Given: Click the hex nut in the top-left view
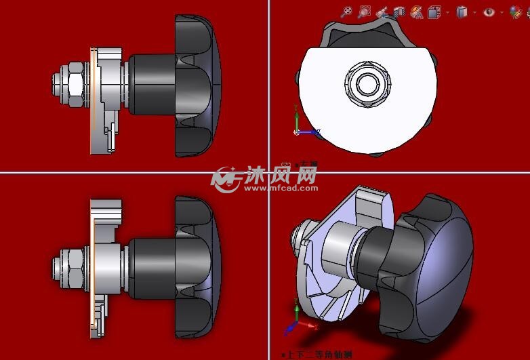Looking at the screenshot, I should (x=74, y=84).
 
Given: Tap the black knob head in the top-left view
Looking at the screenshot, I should (x=197, y=86).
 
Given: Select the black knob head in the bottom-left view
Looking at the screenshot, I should (x=197, y=267).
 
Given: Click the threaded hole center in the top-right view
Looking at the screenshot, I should (x=367, y=83).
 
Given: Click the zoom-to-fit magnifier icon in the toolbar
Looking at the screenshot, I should (x=347, y=12).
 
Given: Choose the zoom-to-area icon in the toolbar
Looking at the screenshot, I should (x=365, y=12).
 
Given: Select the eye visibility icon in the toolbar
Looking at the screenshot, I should (x=489, y=12).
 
